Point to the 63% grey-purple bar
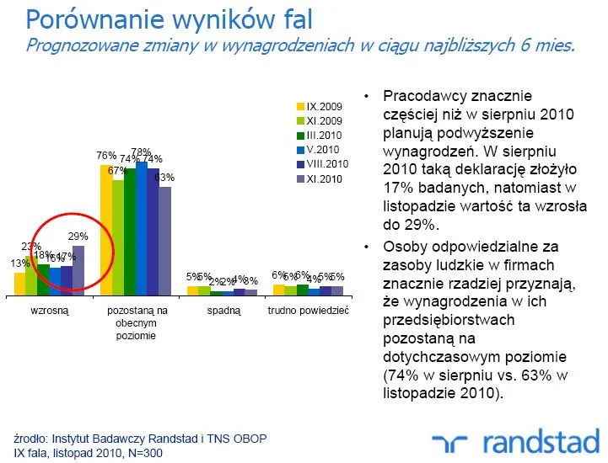point(164,240)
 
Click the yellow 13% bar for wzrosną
point(19,284)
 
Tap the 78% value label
point(141,152)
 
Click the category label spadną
point(223,311)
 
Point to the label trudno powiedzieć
point(308,311)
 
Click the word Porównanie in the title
point(89,19)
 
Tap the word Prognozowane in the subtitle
point(83,45)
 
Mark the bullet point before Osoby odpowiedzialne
point(366,247)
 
